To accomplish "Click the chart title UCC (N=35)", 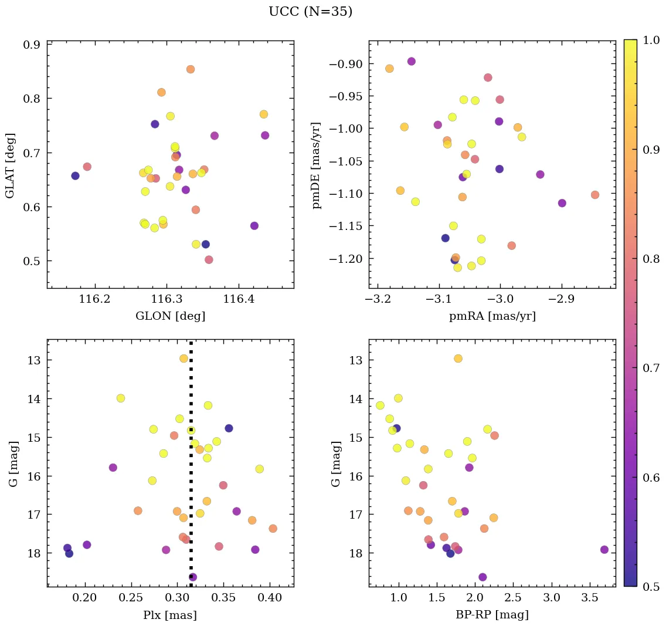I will (x=310, y=12).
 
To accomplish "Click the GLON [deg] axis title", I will (x=170, y=316).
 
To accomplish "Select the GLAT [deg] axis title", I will (x=10, y=165).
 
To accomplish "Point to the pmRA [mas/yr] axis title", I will (x=492, y=316).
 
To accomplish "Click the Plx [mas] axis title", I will (x=170, y=615).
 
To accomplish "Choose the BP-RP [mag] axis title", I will (x=492, y=615).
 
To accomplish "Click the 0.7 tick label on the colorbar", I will (x=650, y=368).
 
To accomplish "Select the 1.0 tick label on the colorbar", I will (x=650, y=40).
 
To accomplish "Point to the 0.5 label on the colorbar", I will (x=650, y=587).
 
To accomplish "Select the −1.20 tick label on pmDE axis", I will (x=347, y=259).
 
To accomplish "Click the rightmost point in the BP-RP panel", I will (x=604, y=550).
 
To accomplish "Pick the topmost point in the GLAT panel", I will (x=191, y=69).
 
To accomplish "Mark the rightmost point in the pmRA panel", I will (x=595, y=195).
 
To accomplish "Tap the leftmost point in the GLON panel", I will (x=75, y=176).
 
